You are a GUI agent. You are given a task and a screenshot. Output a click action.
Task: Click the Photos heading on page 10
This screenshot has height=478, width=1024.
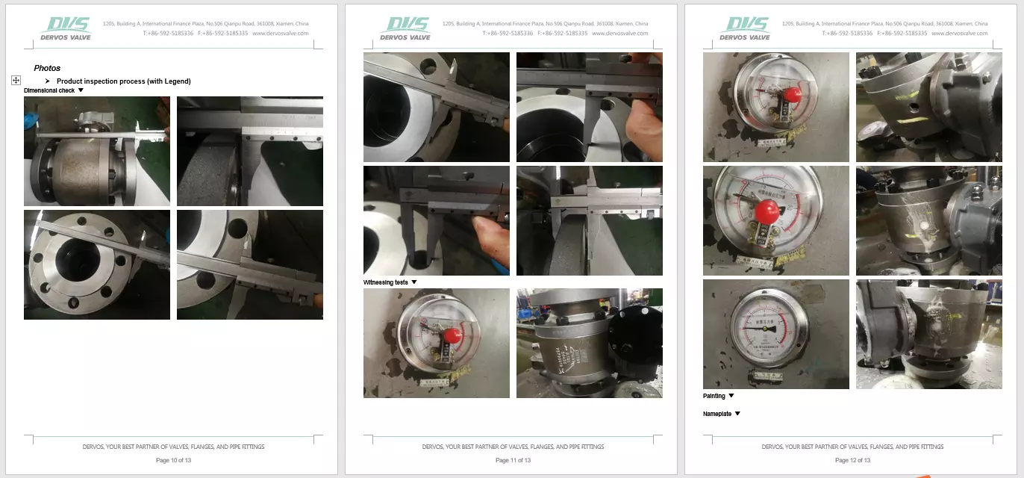(47, 68)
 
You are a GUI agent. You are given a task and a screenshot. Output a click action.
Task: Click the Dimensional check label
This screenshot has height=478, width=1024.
(49, 90)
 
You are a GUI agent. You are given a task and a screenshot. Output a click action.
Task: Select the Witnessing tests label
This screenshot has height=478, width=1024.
(386, 282)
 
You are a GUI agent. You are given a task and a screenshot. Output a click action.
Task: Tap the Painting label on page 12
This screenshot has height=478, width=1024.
(714, 396)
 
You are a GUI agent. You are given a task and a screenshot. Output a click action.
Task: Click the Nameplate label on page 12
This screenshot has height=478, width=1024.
(717, 414)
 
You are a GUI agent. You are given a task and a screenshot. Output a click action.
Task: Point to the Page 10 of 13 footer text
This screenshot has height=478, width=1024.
(173, 460)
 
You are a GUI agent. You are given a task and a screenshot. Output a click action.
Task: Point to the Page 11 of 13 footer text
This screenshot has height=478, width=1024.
(513, 460)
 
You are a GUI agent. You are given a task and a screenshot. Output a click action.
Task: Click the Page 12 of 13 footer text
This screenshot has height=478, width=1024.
(852, 460)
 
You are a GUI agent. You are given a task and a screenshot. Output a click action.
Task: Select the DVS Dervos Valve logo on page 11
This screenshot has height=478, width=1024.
(405, 28)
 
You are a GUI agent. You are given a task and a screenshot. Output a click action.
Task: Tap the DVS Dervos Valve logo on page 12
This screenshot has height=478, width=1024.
(744, 28)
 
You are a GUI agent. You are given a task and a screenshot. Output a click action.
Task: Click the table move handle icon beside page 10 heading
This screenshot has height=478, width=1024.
(16, 80)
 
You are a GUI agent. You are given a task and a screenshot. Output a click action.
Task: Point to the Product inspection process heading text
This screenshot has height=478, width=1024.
(123, 81)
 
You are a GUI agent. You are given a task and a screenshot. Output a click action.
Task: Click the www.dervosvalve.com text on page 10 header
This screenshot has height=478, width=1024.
(280, 34)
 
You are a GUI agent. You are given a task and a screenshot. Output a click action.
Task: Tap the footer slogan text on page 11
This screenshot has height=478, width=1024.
(513, 447)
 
